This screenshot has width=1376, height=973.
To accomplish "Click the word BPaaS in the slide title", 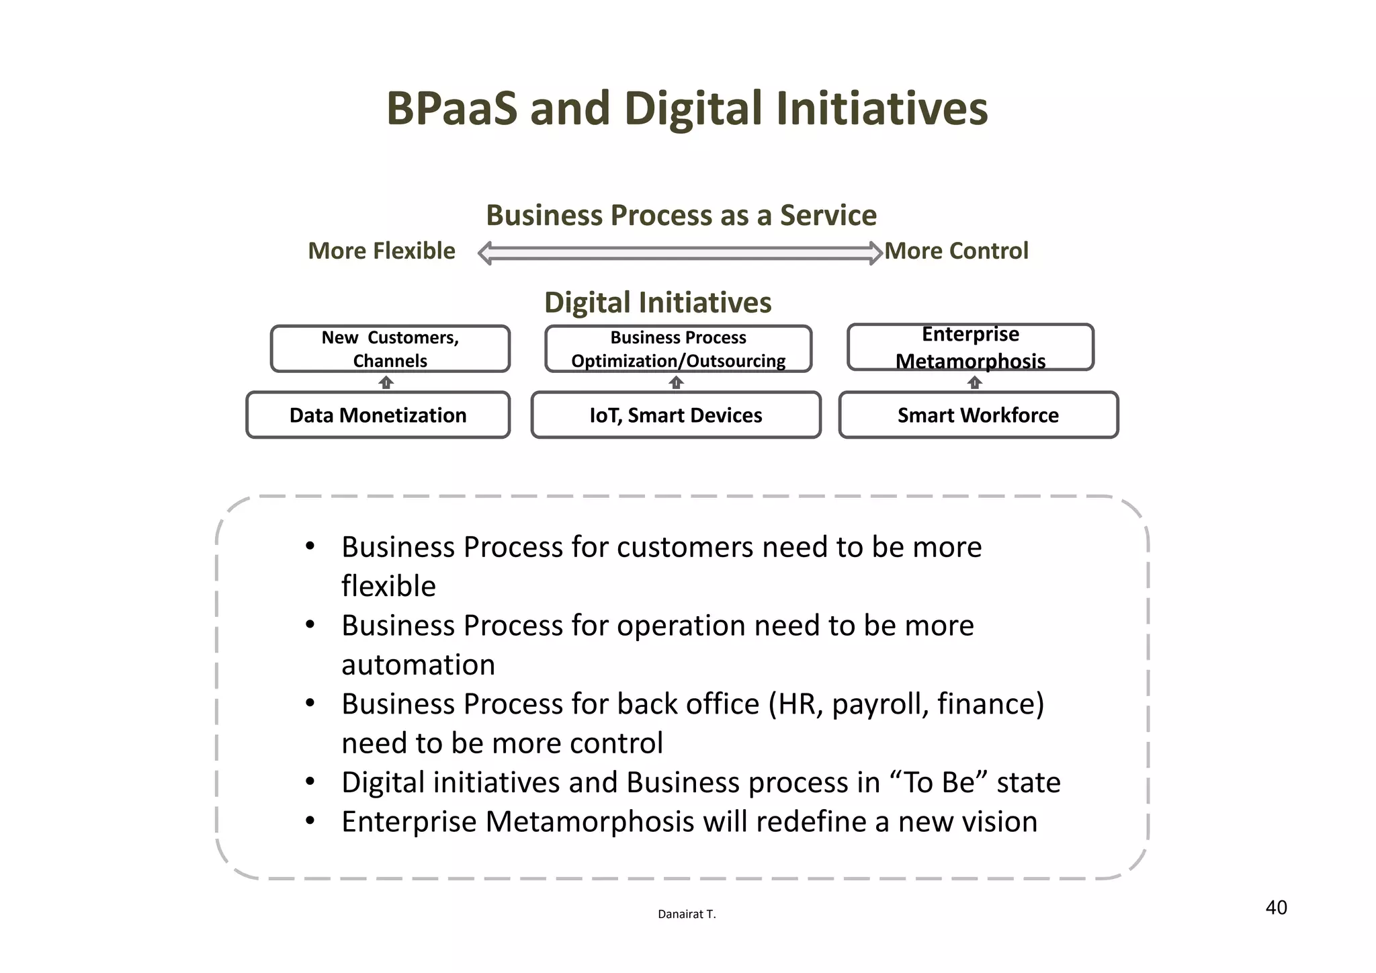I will point(451,109).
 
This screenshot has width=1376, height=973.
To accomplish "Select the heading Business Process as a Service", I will point(681,216).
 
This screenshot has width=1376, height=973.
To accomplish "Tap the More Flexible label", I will point(381,251).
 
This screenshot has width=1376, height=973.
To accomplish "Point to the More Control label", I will point(956,251).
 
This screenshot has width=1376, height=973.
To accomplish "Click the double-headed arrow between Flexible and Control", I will point(680,253).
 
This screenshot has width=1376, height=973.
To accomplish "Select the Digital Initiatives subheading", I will point(658,302).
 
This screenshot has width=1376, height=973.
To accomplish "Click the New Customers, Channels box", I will point(390,349).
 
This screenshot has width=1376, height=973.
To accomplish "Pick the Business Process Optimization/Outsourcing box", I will point(678,349).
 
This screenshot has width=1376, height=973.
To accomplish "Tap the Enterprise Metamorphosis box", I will point(970,347).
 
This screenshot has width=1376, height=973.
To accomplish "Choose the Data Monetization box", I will point(378,415).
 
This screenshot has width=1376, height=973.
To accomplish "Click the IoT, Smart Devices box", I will point(675,415).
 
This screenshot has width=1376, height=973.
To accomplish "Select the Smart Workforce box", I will point(978,415).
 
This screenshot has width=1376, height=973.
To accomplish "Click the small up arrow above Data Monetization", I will point(386,382).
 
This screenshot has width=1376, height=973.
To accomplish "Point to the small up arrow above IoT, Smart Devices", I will point(677,382).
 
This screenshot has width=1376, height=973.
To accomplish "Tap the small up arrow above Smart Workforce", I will point(974,382).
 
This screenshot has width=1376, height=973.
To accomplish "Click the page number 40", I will point(1276,908).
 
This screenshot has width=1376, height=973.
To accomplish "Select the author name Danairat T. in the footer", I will point(687,915).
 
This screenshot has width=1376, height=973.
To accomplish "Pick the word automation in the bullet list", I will point(418,665).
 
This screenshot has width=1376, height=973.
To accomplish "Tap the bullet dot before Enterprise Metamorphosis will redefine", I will point(310,821).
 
